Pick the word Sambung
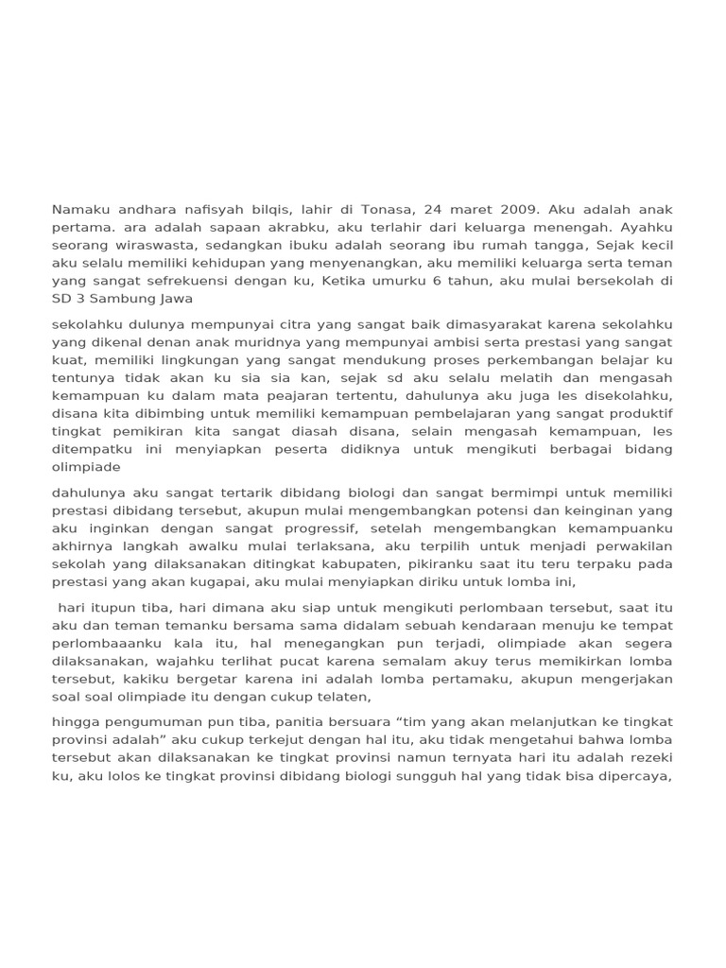click(x=119, y=299)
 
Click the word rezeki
click(x=649, y=759)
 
